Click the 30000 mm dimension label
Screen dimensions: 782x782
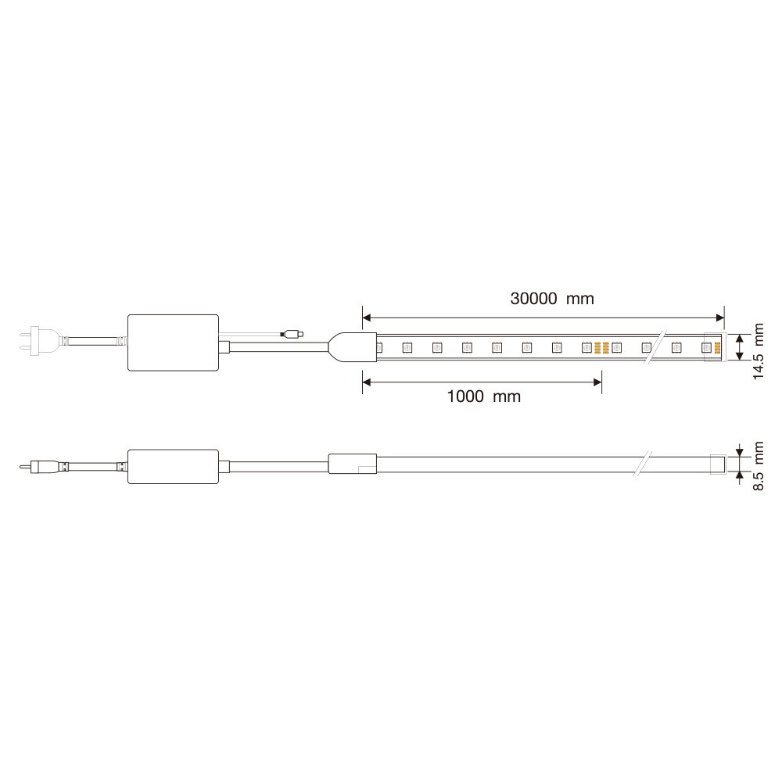coord(552,299)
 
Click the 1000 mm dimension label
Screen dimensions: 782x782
coord(484,396)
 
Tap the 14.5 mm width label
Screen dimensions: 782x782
coord(758,351)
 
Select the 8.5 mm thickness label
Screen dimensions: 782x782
coord(758,466)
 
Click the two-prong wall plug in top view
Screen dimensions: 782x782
coord(30,341)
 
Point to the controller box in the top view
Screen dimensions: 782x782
coord(173,343)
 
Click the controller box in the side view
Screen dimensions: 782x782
coord(173,466)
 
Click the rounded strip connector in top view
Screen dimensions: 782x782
coord(353,347)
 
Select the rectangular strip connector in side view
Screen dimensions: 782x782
coord(352,464)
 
